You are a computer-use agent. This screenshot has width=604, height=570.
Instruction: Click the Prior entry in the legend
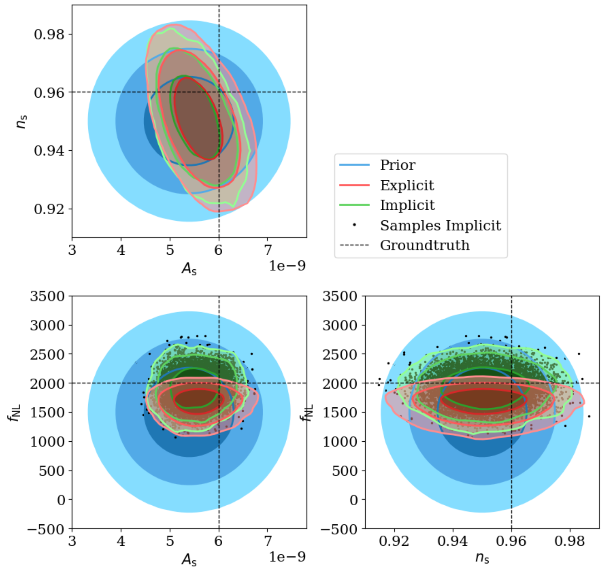[x=397, y=165]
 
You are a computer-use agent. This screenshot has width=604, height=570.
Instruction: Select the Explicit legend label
[x=407, y=185]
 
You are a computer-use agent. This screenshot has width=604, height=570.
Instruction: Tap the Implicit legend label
[x=407, y=205]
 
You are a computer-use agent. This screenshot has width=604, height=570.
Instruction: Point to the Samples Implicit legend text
[x=440, y=226]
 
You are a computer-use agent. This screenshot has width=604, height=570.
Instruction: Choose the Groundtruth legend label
[x=424, y=245]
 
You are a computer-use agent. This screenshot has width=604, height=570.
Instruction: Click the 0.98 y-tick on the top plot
[x=49, y=34]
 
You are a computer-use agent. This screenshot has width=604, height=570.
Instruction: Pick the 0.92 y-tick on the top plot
[x=49, y=209]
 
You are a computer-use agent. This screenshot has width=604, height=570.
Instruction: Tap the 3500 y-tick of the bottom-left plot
[x=48, y=296]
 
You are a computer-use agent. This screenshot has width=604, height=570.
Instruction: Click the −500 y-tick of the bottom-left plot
[x=46, y=529]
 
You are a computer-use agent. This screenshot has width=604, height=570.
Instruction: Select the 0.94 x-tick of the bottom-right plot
[x=452, y=541]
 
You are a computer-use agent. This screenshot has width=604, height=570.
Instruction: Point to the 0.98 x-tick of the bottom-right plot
[x=570, y=541]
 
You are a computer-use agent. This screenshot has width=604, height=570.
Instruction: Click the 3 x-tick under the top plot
[x=72, y=250]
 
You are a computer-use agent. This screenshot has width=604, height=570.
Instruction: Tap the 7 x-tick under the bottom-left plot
[x=268, y=541]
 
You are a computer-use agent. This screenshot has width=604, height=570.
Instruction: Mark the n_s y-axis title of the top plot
[x=22, y=122]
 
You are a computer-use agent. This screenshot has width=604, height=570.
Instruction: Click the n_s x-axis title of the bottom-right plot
[x=482, y=558]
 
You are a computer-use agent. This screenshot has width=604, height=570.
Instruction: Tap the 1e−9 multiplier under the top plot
[x=287, y=266]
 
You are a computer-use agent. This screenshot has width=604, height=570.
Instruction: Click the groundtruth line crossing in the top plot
[x=219, y=92]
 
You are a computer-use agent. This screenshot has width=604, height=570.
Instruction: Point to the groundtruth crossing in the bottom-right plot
[x=511, y=383]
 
